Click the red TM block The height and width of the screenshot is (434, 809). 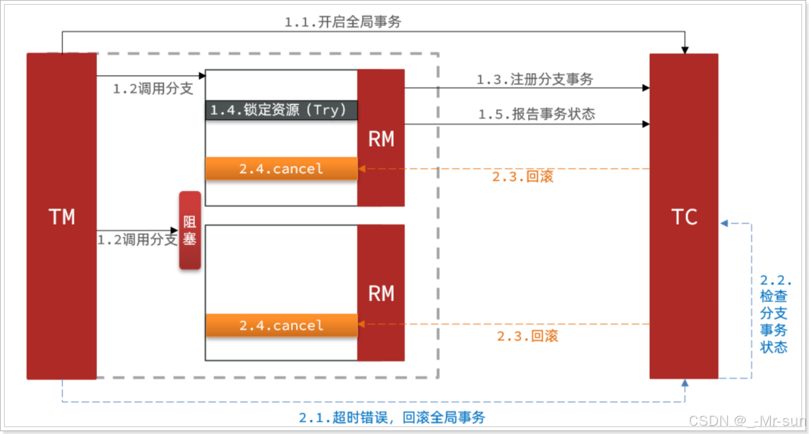pos(61,216)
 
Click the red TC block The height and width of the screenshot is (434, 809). pos(683,216)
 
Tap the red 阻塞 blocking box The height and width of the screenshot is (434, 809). pos(190,230)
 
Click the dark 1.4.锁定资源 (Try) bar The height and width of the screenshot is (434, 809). pos(281,110)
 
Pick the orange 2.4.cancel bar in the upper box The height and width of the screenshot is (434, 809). pos(281,169)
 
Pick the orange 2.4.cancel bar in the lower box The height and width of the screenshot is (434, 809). pos(281,325)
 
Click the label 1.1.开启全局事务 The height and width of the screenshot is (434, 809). pos(343,22)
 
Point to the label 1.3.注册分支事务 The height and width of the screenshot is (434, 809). pos(535,79)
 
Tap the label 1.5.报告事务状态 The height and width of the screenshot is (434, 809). pos(536,114)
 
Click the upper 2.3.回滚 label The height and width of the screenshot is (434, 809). pos(523,176)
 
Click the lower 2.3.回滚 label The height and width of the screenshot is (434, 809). pos(527,335)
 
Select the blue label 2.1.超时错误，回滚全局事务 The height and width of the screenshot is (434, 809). pos(392,417)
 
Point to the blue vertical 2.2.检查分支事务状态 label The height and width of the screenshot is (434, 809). pos(774,314)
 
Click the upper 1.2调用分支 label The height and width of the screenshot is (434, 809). pos(153,89)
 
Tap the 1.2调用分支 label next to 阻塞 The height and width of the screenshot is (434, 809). pos(137,239)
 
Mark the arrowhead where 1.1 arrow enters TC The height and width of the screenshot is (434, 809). pos(685,50)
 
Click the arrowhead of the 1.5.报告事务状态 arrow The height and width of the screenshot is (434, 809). pos(645,124)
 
